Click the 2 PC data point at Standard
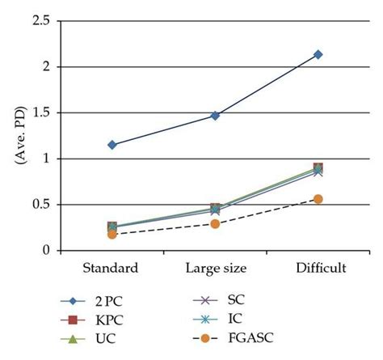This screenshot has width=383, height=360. tap(112, 145)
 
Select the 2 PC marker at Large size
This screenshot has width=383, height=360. tap(215, 116)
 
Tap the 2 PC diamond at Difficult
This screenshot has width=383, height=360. tap(318, 54)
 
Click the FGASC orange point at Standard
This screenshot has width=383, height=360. tap(112, 235)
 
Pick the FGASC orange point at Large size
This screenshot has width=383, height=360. tap(215, 223)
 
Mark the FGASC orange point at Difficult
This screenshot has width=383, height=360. tap(318, 199)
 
